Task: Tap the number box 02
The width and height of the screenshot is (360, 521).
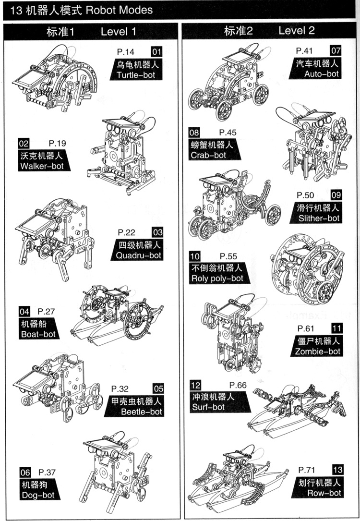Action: coord(24,143)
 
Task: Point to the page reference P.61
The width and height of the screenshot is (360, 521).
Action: coord(305,328)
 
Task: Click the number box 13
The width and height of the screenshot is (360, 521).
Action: coord(337,470)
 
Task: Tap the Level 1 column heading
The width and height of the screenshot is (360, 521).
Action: coord(119,32)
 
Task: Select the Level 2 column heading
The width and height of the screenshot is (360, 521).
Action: coord(296,31)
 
